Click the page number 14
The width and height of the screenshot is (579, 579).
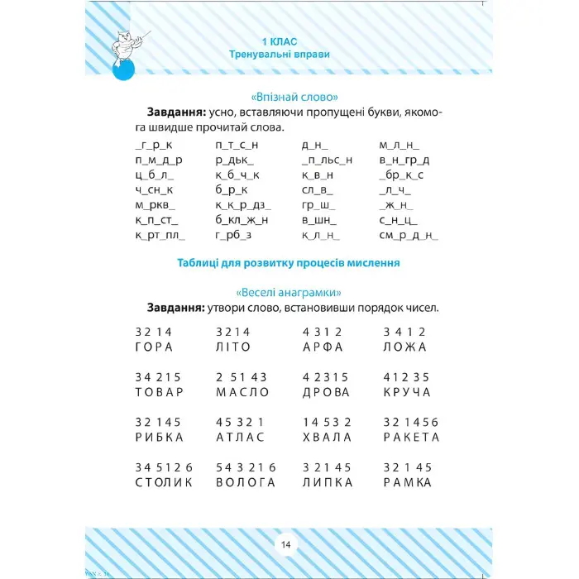(286, 544)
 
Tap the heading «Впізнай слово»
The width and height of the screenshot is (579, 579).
(289, 95)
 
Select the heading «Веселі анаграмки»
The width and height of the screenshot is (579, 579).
(289, 292)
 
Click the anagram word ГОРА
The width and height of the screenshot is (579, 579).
(153, 347)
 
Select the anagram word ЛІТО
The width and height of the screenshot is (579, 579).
(232, 347)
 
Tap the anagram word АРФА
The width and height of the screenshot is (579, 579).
(323, 347)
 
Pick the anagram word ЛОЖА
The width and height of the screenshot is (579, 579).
(405, 347)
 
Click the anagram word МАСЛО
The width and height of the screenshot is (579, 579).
(242, 392)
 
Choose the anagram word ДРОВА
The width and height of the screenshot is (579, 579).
(327, 392)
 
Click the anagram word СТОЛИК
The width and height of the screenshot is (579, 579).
(163, 482)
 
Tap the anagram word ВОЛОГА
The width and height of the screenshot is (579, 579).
(245, 482)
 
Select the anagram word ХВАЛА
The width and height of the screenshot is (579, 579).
(327, 437)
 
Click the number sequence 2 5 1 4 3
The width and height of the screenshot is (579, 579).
(242, 376)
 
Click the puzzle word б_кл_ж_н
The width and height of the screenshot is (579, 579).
(242, 219)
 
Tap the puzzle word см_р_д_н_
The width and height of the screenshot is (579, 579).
(408, 236)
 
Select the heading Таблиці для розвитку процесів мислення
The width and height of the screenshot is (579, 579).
(289, 263)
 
